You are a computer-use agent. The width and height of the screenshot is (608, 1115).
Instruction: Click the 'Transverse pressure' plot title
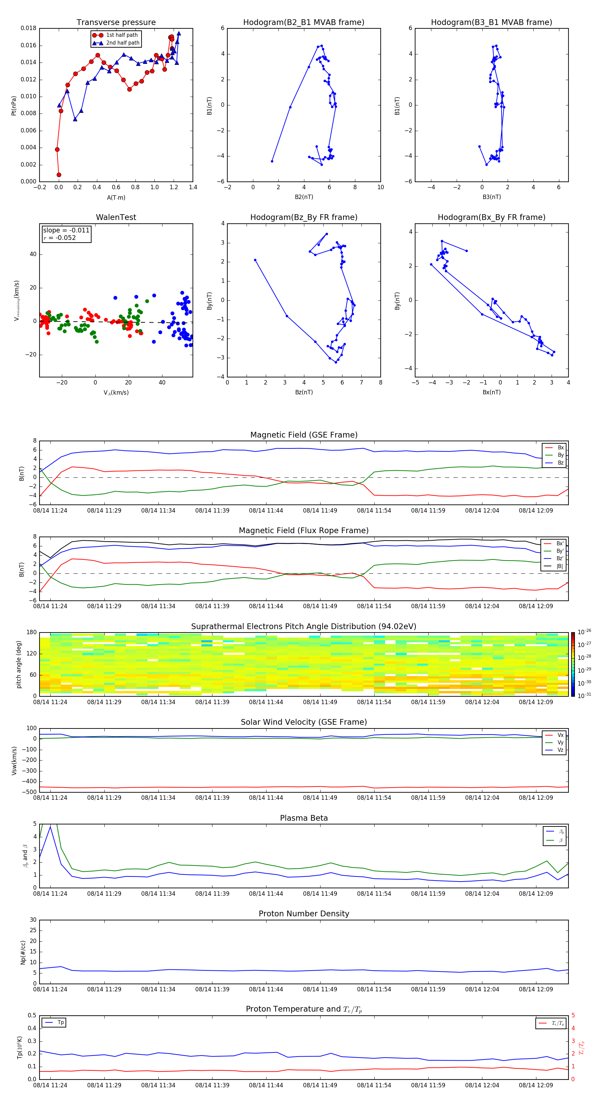[116, 23]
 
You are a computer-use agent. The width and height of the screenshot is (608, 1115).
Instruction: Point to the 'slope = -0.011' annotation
[66, 230]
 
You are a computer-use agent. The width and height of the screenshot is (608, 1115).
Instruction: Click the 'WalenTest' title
[116, 217]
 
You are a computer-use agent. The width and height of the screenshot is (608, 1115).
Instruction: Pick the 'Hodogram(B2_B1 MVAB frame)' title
[303, 23]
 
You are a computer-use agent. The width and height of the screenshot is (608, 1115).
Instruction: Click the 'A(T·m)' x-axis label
[116, 198]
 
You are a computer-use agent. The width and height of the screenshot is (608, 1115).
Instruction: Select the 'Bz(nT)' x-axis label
[304, 392]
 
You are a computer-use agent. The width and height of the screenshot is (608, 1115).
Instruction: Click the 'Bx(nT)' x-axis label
[491, 392]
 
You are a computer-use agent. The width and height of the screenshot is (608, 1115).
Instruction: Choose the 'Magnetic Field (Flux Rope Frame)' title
[303, 531]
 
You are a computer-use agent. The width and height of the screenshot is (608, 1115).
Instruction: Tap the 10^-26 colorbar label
[584, 632]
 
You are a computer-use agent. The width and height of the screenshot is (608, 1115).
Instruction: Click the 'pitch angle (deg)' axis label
[19, 664]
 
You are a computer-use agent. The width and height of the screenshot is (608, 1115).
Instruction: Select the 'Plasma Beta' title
[303, 818]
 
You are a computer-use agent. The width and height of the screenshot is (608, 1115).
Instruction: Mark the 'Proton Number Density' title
[303, 914]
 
